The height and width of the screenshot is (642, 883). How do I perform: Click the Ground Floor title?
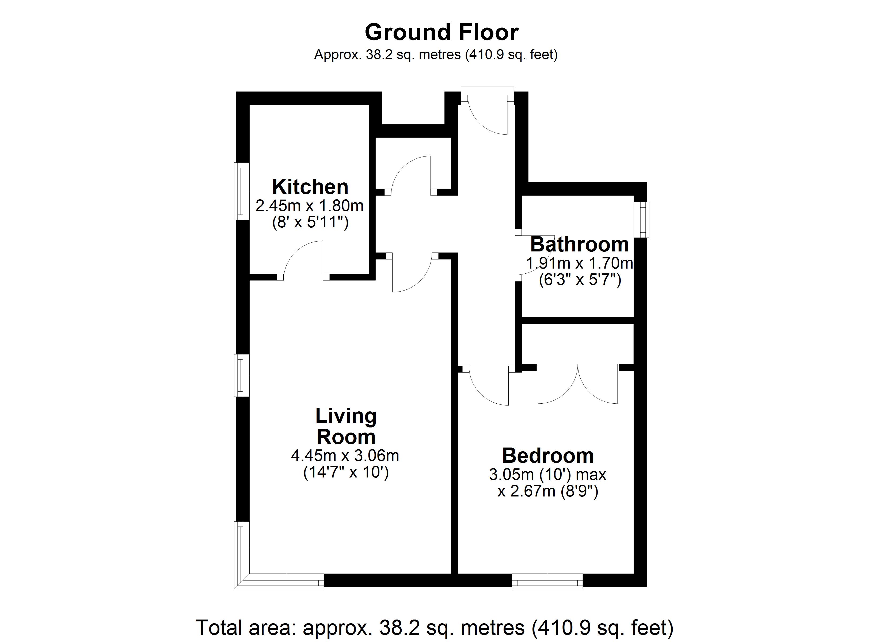(441, 33)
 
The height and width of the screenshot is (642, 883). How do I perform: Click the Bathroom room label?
(579, 244)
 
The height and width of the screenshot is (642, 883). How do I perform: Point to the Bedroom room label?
(548, 456)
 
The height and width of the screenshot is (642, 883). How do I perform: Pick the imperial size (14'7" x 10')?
(346, 472)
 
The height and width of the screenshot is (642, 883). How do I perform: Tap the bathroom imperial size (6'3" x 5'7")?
(580, 280)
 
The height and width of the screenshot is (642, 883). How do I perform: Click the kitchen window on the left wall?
(241, 191)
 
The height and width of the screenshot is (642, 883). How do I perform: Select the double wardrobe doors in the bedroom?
(578, 385)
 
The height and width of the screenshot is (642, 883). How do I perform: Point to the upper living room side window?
(241, 375)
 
